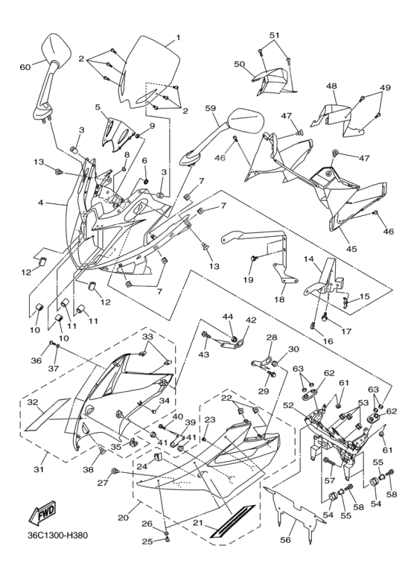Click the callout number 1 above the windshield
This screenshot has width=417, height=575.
click(178, 36)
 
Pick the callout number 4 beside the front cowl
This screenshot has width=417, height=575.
click(42, 202)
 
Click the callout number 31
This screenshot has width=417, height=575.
click(39, 469)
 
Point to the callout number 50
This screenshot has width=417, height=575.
click(240, 65)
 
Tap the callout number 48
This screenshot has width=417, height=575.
click(331, 86)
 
